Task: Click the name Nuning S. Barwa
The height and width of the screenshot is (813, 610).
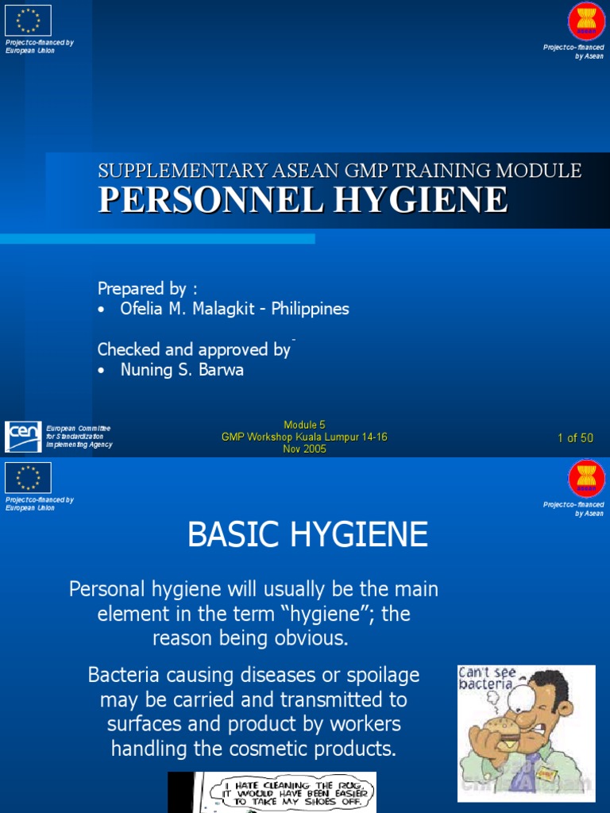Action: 182,369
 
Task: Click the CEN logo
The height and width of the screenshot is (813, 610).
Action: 23,437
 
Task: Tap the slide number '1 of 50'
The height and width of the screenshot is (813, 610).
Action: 575,437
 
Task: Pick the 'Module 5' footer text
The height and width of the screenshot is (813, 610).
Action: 304,425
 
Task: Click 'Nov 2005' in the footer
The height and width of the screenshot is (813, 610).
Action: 304,449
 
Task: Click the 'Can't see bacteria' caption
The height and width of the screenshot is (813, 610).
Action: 487,678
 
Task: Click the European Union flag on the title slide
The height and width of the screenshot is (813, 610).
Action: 28,20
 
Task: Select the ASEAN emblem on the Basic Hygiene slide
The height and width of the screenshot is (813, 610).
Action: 586,479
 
